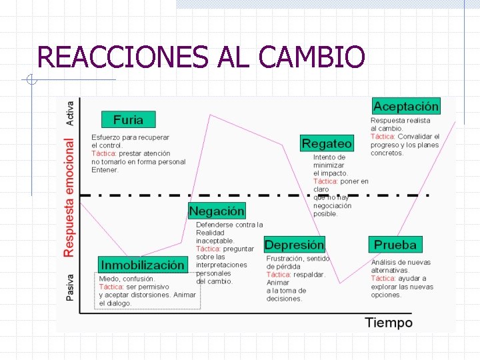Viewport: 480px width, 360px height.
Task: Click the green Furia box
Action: (128, 120)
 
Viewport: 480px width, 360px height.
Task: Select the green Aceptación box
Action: (406, 106)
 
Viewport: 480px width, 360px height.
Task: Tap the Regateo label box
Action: (327, 143)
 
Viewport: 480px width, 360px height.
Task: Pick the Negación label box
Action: (217, 211)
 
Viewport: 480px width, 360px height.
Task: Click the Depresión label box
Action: (295, 245)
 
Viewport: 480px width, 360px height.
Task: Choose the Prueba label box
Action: (395, 245)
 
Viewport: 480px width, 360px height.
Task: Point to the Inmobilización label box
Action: (143, 265)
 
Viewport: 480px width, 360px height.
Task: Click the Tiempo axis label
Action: (389, 323)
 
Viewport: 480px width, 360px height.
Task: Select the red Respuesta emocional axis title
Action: (69, 197)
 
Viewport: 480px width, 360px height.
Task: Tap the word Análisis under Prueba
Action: (385, 263)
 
